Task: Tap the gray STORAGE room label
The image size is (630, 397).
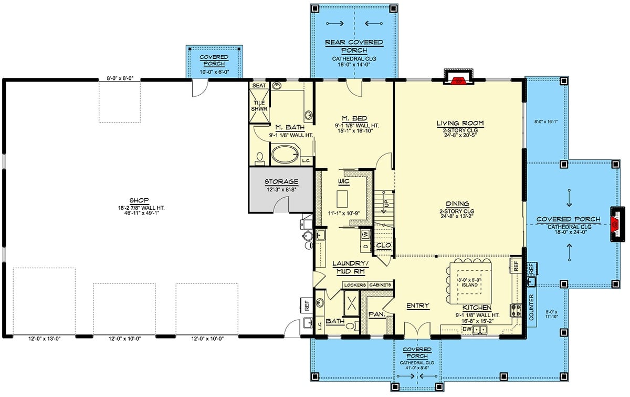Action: (x=281, y=182)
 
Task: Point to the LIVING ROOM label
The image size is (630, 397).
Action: (x=459, y=124)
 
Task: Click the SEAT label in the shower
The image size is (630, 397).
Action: (x=259, y=85)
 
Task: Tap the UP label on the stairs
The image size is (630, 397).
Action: (x=386, y=202)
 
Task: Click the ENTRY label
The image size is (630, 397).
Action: (x=418, y=306)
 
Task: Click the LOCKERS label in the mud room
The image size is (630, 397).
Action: (x=354, y=284)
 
